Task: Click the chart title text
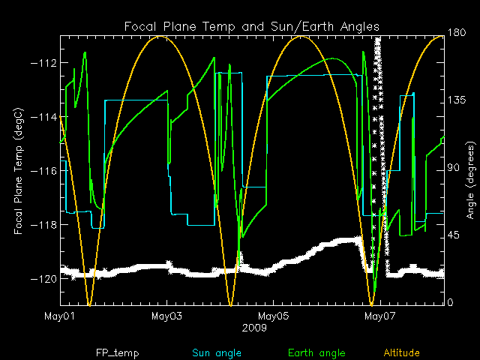pyautogui.click(x=252, y=27)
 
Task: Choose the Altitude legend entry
pyautogui.click(x=401, y=352)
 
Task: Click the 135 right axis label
pyautogui.click(x=457, y=102)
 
